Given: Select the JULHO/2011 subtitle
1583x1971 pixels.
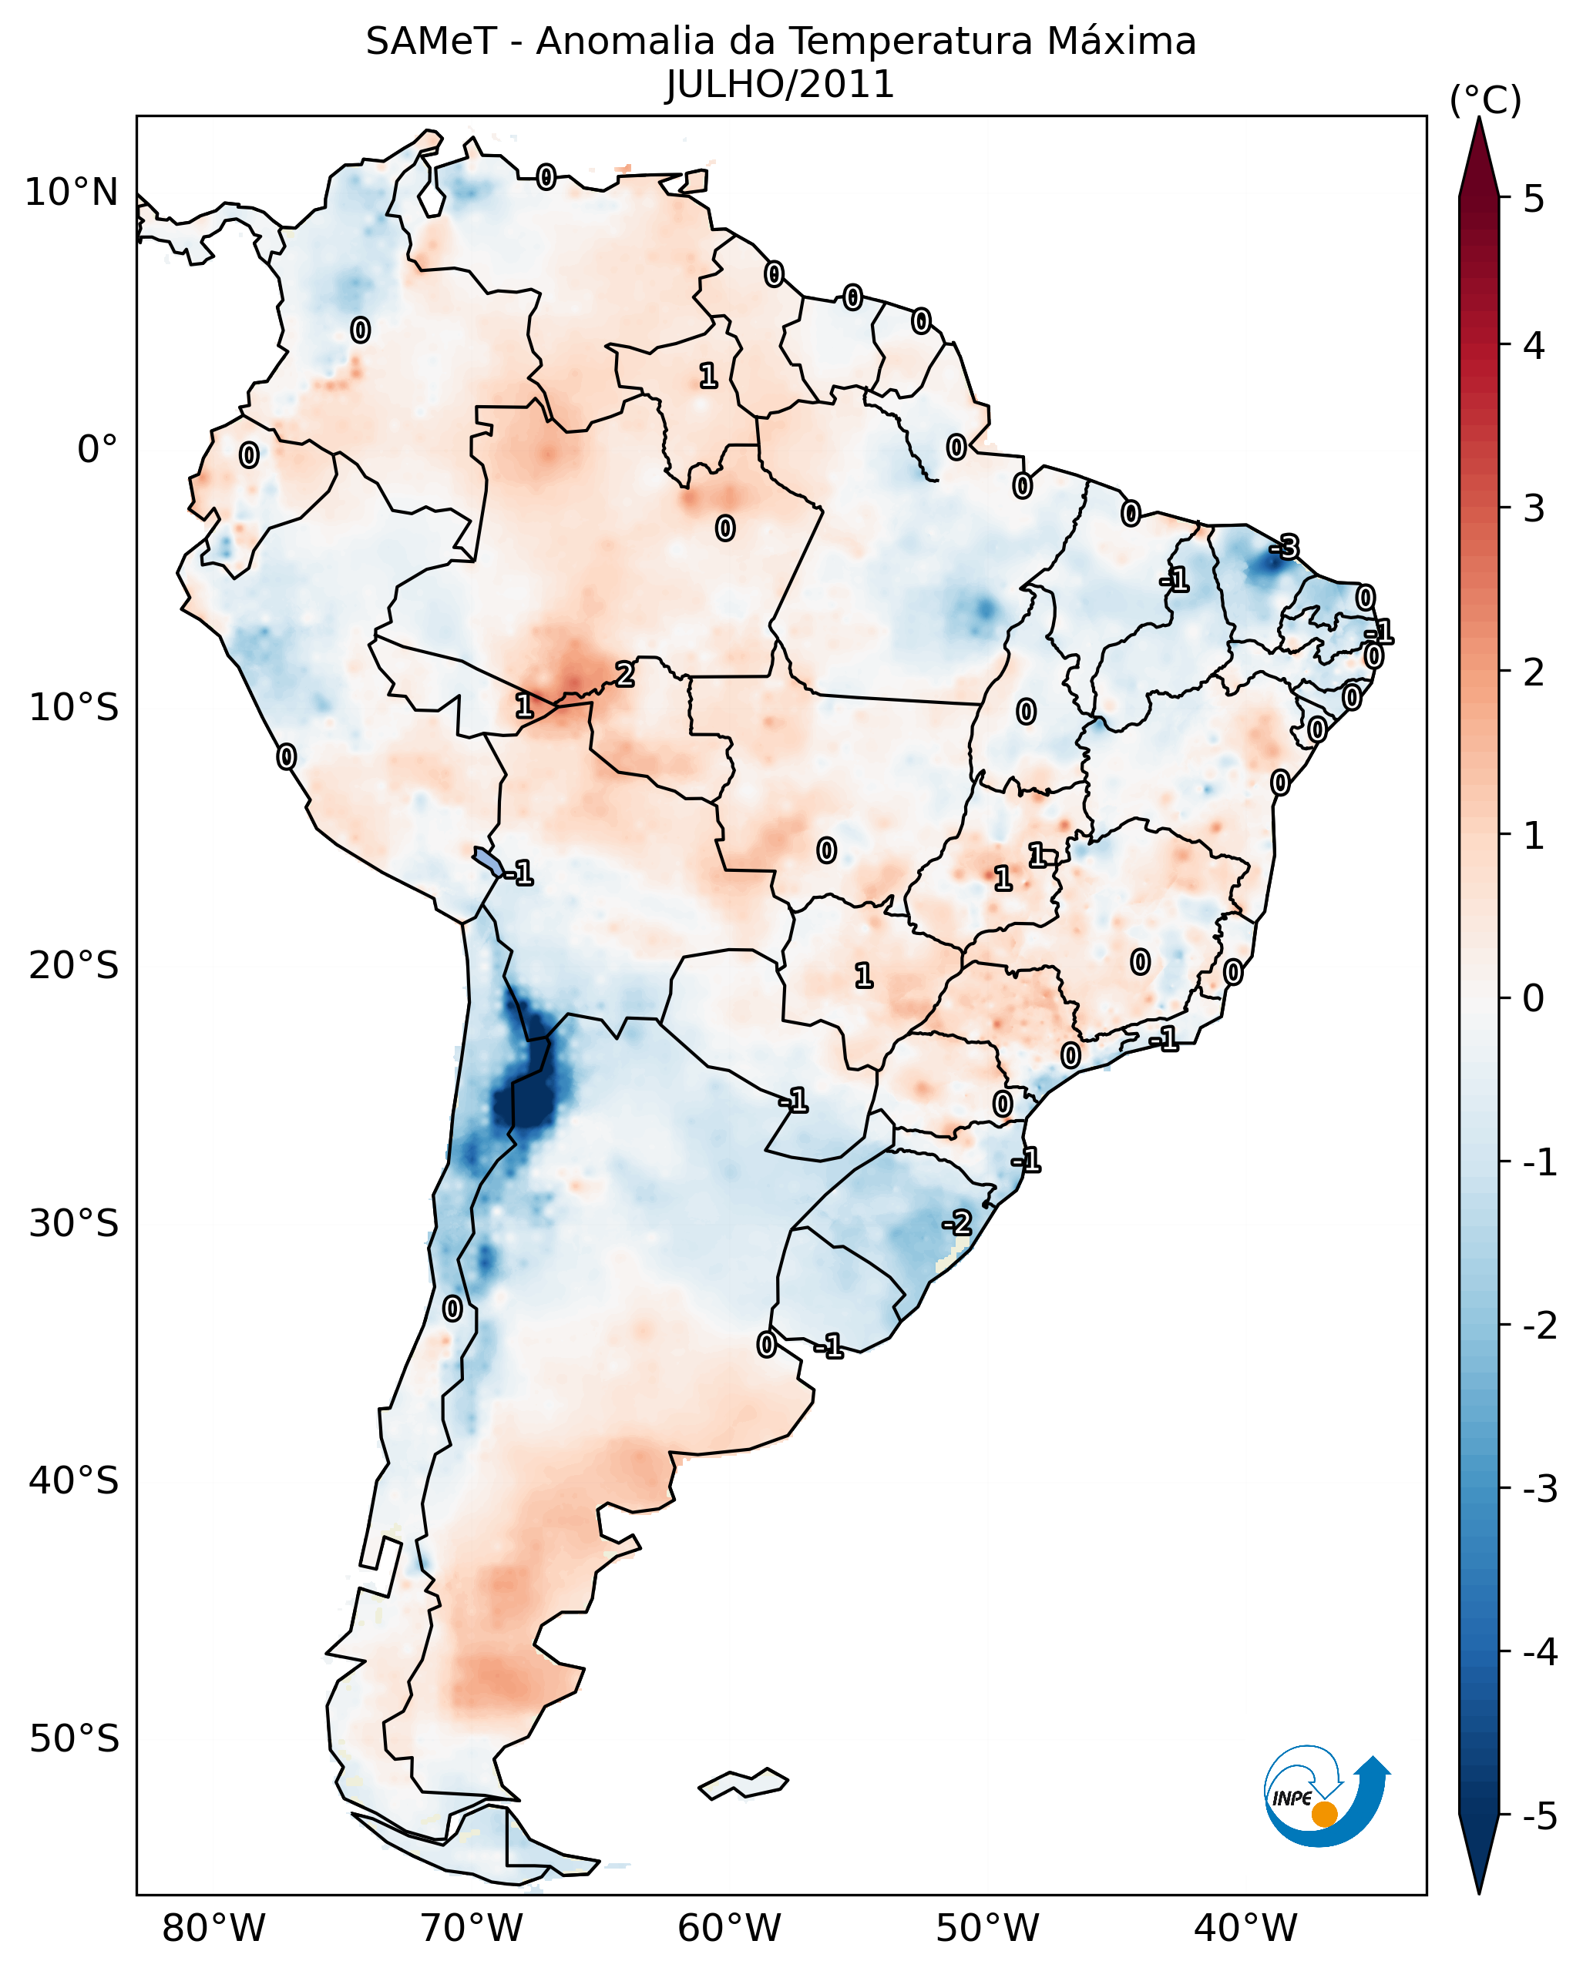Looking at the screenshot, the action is point(779,85).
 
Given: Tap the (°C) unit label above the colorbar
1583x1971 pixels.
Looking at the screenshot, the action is point(1485,101).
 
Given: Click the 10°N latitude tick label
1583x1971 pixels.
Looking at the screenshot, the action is point(72,193).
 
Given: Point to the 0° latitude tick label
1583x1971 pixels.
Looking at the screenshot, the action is point(98,450).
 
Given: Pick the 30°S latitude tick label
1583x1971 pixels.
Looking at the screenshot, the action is point(74,1223).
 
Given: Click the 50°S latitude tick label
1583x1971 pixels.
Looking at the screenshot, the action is point(74,1739).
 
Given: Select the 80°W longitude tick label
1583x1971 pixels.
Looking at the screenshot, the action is point(214,1928).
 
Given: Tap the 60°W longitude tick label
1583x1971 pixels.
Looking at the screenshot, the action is point(730,1928).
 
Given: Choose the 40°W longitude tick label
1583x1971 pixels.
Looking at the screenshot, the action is point(1245,1928).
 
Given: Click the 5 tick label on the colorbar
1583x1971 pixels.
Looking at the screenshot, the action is point(1534,199).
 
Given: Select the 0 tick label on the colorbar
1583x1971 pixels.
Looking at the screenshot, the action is point(1534,997).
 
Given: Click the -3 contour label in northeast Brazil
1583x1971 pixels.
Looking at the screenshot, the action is point(1283,548).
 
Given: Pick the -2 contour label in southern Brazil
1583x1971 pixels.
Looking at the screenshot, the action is point(956,1222).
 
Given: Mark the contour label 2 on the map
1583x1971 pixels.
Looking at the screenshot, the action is point(624,675).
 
